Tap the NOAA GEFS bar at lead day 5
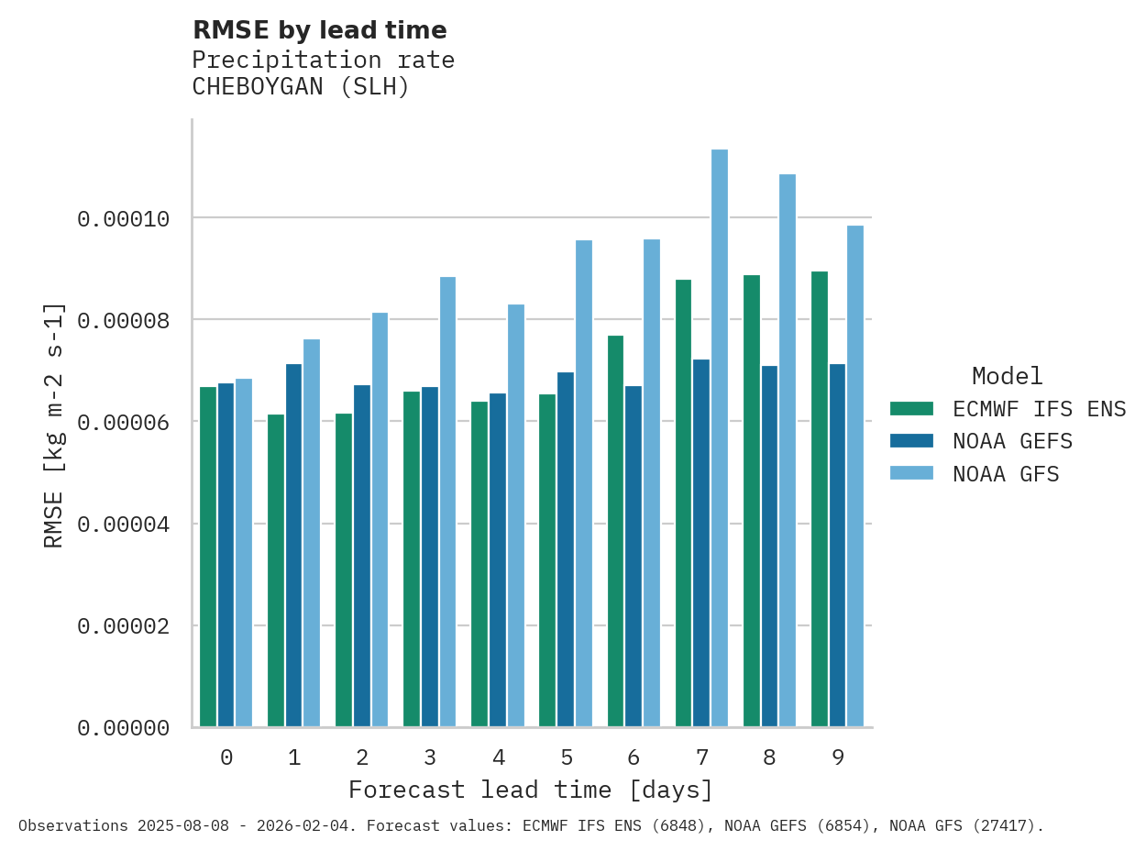coord(566,549)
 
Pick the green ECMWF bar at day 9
coord(820,499)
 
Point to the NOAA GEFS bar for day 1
coord(293,546)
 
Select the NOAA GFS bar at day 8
coord(788,450)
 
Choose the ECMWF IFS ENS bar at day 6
coord(616,531)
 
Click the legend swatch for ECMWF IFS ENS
coord(911,408)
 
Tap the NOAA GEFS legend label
coord(1012,441)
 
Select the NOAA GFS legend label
coord(1006,474)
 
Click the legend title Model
coord(1007,376)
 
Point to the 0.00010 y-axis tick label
coord(123,218)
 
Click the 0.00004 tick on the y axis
coord(123,525)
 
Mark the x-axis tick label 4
coord(498,757)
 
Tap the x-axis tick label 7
coord(702,757)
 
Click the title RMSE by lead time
coord(319,30)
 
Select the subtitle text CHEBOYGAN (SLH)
coord(300,87)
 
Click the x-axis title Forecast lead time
coord(530,790)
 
